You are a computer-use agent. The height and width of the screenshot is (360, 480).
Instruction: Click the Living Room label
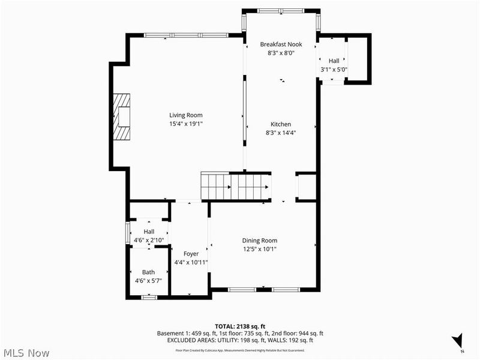[185, 115]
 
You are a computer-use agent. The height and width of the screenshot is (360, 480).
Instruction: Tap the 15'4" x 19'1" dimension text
[185, 124]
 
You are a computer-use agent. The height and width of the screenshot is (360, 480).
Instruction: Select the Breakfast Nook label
[281, 44]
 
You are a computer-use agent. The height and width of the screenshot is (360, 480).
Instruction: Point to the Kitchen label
[281, 124]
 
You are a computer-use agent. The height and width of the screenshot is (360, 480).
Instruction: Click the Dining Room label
[259, 240]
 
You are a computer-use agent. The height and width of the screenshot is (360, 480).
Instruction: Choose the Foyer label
[191, 254]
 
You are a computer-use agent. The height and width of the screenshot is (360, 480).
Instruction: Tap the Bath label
[148, 272]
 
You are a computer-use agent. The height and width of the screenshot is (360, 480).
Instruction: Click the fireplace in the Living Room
[123, 116]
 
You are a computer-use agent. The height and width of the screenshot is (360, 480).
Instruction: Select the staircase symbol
[235, 187]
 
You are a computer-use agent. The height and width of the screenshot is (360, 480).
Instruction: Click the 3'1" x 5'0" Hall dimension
[334, 70]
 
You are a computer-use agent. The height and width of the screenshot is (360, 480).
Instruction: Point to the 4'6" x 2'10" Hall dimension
[149, 241]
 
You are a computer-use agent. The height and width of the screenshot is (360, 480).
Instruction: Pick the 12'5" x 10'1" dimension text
[259, 249]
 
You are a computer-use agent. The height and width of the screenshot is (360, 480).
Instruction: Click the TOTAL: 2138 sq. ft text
[239, 326]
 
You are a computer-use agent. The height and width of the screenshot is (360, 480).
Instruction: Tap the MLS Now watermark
[25, 353]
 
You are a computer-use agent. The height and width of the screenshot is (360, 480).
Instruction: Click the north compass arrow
[459, 340]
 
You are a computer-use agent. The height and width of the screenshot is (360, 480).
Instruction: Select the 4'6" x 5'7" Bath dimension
[148, 280]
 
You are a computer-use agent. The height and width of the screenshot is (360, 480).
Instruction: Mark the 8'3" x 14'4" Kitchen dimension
[281, 133]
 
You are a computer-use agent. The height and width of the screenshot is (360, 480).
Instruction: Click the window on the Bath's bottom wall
[148, 297]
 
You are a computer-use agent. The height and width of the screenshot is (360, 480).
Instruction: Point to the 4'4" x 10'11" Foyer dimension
[191, 262]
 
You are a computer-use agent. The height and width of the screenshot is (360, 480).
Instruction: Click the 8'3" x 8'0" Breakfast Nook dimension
[281, 53]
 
